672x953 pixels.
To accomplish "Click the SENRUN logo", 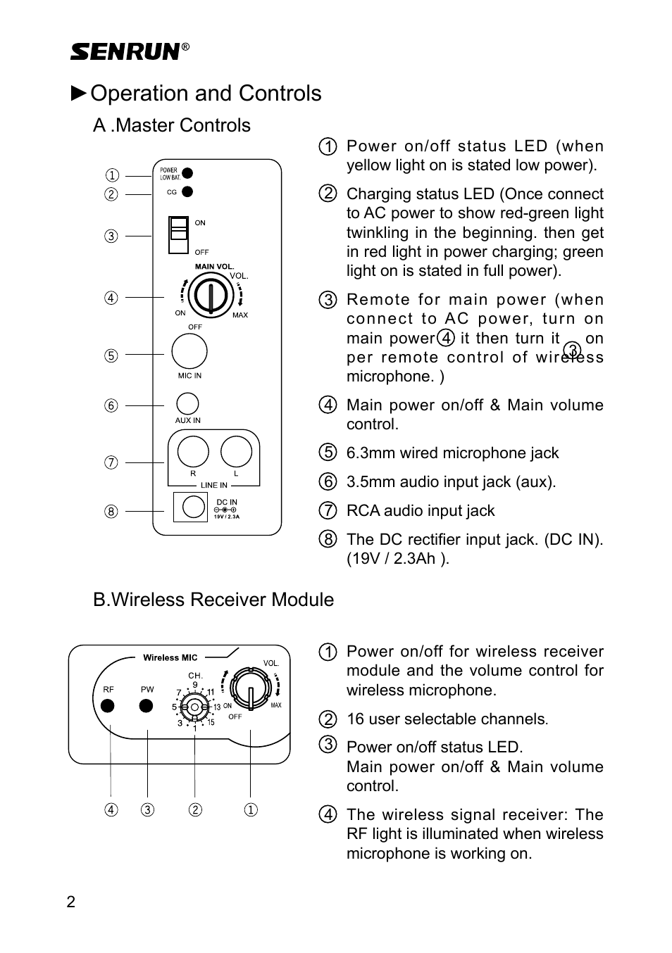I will pyautogui.click(x=126, y=52).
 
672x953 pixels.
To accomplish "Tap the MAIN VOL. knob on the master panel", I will pyautogui.click(x=211, y=296).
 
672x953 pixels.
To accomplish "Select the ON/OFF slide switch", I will pyautogui.click(x=179, y=235).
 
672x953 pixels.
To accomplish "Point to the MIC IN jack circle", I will pyautogui.click(x=189, y=351).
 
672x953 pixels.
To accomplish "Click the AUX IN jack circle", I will pyautogui.click(x=187, y=403).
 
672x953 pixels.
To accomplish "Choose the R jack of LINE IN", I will pyautogui.click(x=193, y=452).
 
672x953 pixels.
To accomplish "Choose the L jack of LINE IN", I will pyautogui.click(x=236, y=452).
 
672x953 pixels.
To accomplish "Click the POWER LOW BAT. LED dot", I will pyautogui.click(x=187, y=173).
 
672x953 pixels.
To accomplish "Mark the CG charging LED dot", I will pyautogui.click(x=187, y=191).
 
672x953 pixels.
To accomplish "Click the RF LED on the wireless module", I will pyautogui.click(x=108, y=706).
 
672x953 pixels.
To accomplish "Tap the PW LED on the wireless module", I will pyautogui.click(x=147, y=706).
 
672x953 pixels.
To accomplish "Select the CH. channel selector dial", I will pyautogui.click(x=194, y=707).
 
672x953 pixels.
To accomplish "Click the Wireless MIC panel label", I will pyautogui.click(x=170, y=657).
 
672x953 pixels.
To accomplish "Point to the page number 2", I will pyautogui.click(x=70, y=902).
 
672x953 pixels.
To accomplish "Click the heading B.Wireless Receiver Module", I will pyautogui.click(x=213, y=600).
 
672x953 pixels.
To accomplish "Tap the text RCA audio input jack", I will pyautogui.click(x=421, y=510).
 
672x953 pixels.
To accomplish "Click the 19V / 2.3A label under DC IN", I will pyautogui.click(x=227, y=517).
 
